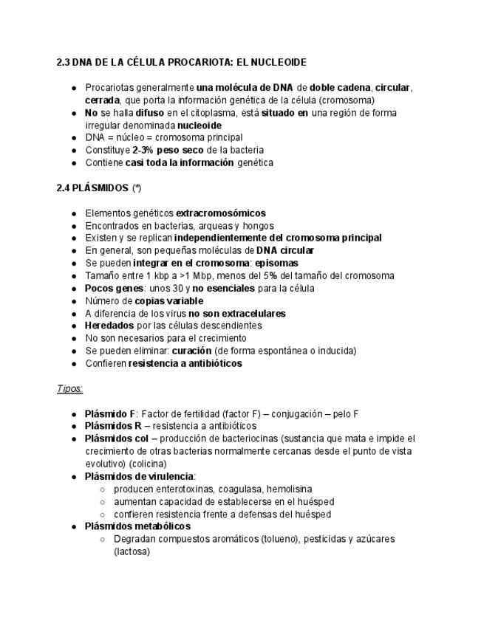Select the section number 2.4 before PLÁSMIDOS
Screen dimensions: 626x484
pos(64,188)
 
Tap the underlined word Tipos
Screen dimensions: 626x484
pos(69,388)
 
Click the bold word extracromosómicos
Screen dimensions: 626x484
pos(220,213)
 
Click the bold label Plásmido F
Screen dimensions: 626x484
pos(110,414)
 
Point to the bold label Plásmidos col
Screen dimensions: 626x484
pos(117,438)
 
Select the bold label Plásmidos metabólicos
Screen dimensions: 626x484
pos(137,526)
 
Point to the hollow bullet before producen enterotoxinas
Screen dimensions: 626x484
pos(103,489)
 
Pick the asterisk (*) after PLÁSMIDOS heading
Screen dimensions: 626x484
pos(137,188)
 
